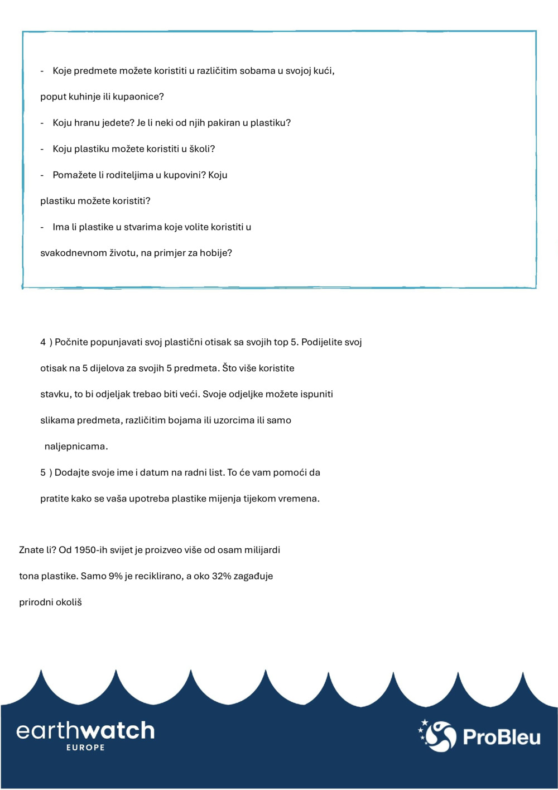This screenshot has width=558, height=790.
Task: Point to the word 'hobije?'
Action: point(216,253)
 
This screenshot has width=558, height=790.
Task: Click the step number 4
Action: point(43,342)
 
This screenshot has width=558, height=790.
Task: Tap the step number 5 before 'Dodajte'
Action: point(43,472)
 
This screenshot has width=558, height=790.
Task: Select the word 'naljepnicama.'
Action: point(76,447)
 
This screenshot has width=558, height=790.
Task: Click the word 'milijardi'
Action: point(262,550)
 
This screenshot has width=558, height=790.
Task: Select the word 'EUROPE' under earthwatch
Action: point(85,748)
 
